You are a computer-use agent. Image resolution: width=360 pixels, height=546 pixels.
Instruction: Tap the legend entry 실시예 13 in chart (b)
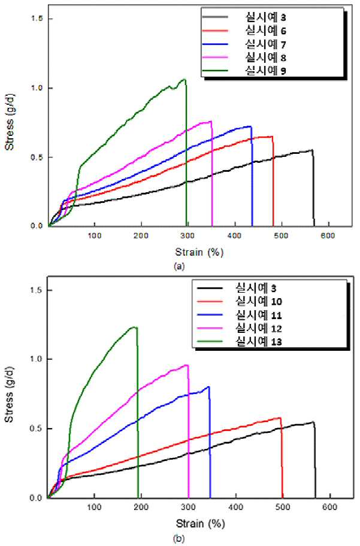coord(259,342)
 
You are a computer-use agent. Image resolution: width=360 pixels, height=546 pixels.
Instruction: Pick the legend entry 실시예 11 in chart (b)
coord(259,315)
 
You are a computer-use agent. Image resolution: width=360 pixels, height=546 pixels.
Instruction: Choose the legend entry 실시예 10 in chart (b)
coord(259,301)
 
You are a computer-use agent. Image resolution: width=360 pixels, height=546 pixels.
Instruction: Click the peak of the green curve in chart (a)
coord(184,80)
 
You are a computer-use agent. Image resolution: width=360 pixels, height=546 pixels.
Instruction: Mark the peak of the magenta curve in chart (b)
coord(187,365)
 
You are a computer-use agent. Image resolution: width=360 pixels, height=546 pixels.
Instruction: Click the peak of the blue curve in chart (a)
coord(249,126)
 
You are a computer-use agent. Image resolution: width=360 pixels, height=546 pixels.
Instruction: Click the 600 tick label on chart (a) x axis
coord(328,236)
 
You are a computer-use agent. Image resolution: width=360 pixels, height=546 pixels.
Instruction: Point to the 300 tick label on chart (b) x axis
coord(189,506)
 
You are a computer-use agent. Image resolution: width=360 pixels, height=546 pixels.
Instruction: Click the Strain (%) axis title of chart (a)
coord(199,252)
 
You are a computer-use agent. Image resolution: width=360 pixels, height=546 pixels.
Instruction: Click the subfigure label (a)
coord(179,267)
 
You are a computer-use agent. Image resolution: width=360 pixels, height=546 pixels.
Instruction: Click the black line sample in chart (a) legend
coord(214,17)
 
